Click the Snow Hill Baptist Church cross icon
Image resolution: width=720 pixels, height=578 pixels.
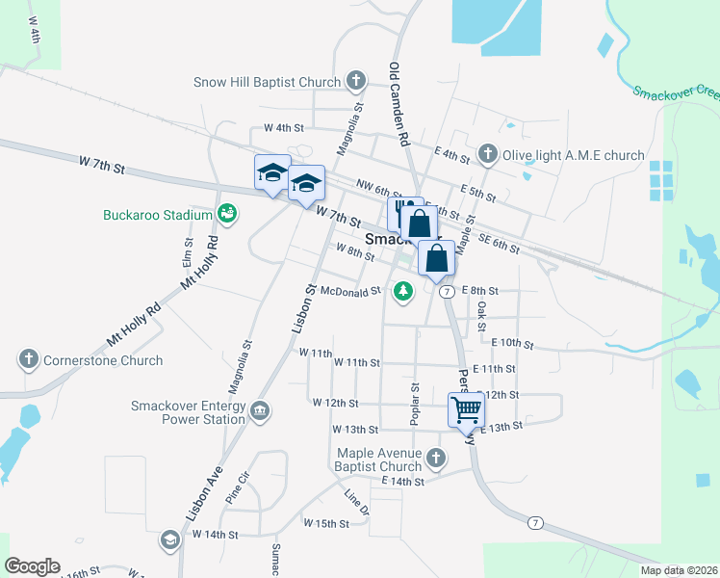pos(355,81)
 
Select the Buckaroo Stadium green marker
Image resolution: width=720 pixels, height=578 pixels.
pos(226,212)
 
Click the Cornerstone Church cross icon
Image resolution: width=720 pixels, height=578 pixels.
pos(27,359)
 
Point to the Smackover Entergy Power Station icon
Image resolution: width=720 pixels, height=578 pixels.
pos(259,412)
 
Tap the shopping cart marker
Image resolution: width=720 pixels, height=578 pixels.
pos(466,408)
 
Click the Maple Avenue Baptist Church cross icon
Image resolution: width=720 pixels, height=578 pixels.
pos(436,458)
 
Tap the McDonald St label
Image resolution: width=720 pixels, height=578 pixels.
pos(351,291)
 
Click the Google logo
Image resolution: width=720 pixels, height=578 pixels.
pos(32,566)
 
